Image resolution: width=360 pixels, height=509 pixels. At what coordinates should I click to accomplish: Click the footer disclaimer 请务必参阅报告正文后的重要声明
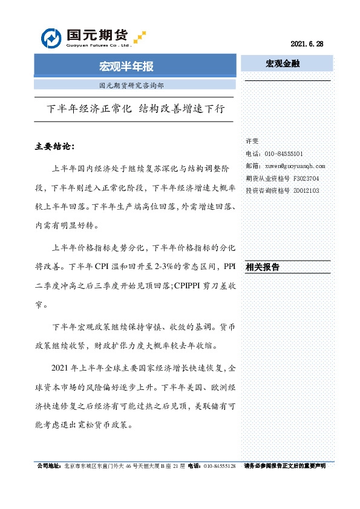pos(284,466)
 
